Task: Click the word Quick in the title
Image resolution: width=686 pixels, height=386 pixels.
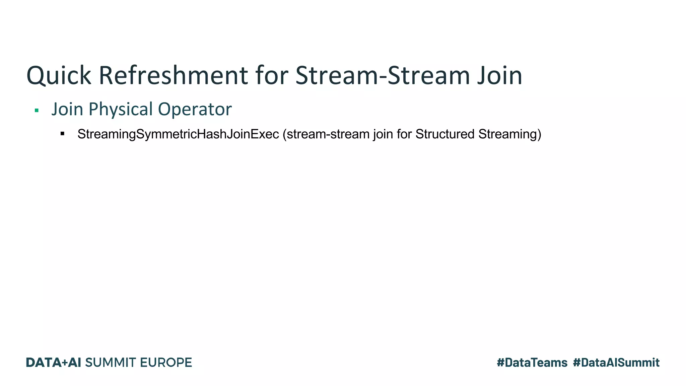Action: [x=59, y=76]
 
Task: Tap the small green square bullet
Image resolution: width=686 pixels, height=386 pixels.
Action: [x=37, y=110]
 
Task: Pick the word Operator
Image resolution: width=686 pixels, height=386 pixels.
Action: [x=195, y=109]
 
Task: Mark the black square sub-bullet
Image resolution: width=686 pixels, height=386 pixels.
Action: [x=62, y=134]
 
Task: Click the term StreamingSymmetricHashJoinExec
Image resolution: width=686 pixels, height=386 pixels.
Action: [x=178, y=134]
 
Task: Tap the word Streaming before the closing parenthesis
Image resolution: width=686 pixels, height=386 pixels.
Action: [x=508, y=134]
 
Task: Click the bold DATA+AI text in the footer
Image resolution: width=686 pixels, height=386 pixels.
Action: [x=54, y=363]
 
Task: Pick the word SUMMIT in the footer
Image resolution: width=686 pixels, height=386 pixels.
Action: [x=111, y=363]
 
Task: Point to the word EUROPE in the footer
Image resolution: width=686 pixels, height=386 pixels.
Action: [x=166, y=363]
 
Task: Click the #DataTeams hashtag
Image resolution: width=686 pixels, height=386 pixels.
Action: [x=532, y=363]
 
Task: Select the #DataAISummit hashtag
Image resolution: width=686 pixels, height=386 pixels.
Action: [x=616, y=363]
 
